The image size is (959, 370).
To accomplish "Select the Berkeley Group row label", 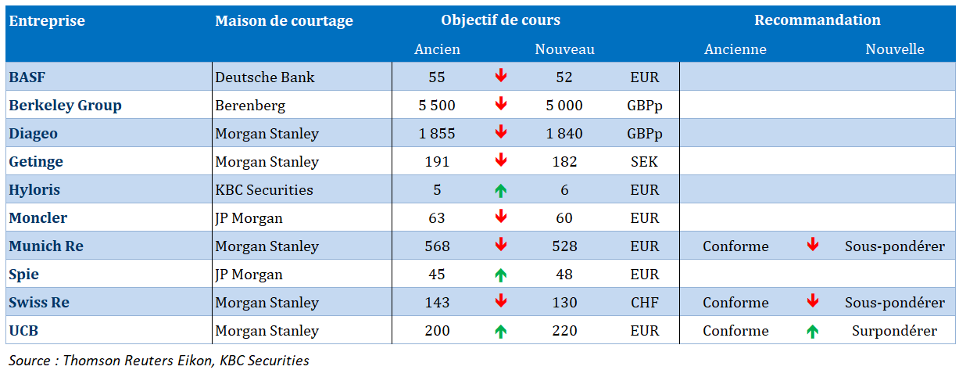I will click(65, 106).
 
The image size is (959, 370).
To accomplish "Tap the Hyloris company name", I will click(34, 190).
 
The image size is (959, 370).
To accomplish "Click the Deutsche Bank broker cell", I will click(265, 77).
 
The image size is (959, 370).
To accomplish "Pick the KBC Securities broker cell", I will click(264, 190).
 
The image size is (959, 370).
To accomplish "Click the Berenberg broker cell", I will click(250, 106).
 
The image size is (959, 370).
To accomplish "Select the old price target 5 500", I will click(437, 106).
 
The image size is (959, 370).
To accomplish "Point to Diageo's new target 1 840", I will click(564, 134).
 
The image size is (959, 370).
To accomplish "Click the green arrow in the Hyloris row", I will click(501, 190).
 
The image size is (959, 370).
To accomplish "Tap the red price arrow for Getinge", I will click(501, 161).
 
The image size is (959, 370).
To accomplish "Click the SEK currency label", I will click(644, 162).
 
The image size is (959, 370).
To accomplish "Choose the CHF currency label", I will click(644, 303).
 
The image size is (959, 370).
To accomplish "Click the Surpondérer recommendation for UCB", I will click(894, 331).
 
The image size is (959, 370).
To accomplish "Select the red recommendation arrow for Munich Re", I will click(813, 246).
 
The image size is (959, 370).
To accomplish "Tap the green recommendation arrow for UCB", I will click(813, 331).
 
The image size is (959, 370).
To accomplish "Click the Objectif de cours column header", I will click(500, 20).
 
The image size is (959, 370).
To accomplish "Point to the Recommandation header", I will click(817, 20).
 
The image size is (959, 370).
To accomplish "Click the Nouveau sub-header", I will click(564, 49).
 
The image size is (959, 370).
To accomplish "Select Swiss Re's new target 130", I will click(564, 303).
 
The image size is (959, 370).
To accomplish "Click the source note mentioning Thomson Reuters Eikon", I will click(159, 361).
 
